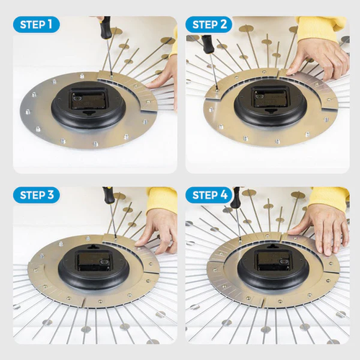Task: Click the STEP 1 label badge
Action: pyautogui.click(x=36, y=24)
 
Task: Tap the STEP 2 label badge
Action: pyautogui.click(x=209, y=24)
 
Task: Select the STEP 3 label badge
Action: pyautogui.click(x=36, y=195)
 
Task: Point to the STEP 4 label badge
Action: pyautogui.click(x=209, y=195)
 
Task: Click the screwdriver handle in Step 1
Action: pyautogui.click(x=106, y=27)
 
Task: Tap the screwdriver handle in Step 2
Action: pyautogui.click(x=208, y=44)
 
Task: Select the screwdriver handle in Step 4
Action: pyautogui.click(x=235, y=197)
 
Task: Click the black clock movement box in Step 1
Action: pyautogui.click(x=89, y=98)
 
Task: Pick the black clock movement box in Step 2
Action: pyautogui.click(x=271, y=97)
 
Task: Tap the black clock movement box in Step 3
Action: pyautogui.click(x=94, y=261)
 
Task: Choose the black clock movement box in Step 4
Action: pyautogui.click(x=273, y=261)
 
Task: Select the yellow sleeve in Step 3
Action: pyautogui.click(x=162, y=199)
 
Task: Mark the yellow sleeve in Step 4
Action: pyautogui.click(x=329, y=197)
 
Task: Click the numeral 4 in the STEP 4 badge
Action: pyautogui.click(x=224, y=195)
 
